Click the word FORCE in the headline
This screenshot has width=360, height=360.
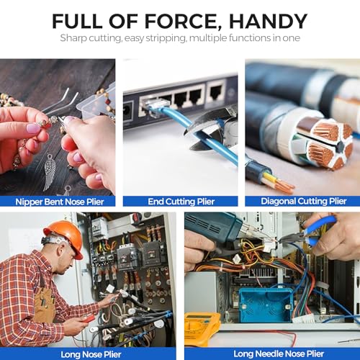pos(181,22)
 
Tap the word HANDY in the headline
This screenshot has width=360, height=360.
pos(268,21)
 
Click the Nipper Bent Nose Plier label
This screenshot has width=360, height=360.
pos(60,202)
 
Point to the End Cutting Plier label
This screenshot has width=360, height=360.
pos(181,202)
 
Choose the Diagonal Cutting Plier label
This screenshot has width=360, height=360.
pos(304,201)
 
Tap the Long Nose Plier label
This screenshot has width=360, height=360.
pos(91,354)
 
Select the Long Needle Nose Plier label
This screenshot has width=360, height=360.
pos(279,354)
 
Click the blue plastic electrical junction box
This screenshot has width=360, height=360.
pos(266,304)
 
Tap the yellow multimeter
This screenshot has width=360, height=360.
pos(202,329)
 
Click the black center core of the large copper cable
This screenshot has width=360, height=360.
pos(339,146)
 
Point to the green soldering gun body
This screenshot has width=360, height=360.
pos(211,228)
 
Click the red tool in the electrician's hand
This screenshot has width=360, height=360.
pos(88,319)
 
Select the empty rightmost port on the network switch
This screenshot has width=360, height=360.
pos(216,91)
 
